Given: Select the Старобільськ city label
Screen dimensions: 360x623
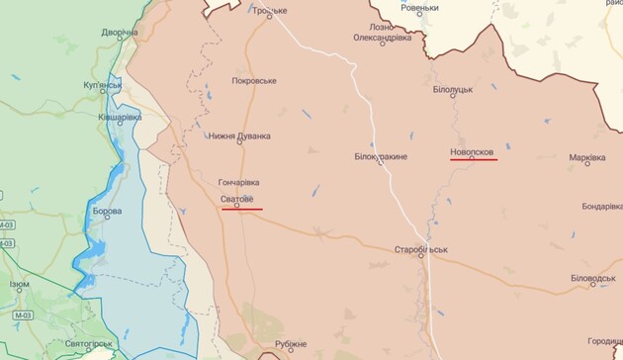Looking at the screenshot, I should (420, 249).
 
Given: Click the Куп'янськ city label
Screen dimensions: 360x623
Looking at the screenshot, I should (103, 86).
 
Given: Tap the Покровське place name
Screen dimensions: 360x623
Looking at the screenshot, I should (254, 81).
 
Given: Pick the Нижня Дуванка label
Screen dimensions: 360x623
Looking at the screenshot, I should (239, 137).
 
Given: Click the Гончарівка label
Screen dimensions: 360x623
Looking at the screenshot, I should (239, 183).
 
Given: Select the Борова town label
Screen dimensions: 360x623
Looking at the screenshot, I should (107, 212).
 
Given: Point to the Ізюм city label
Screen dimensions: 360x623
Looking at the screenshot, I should (20, 285).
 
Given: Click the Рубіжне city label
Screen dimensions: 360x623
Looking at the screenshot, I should (291, 344).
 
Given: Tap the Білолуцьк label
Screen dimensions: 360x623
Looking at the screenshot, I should (453, 89).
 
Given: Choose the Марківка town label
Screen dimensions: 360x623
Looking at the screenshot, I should (587, 157).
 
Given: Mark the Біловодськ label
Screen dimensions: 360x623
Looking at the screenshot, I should (593, 278).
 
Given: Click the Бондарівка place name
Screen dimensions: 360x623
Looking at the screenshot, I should (602, 207).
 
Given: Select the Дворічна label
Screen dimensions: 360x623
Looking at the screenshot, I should (120, 32).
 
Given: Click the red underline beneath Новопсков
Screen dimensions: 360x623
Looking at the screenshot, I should (474, 158).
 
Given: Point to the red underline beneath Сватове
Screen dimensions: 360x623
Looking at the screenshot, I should (241, 209).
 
